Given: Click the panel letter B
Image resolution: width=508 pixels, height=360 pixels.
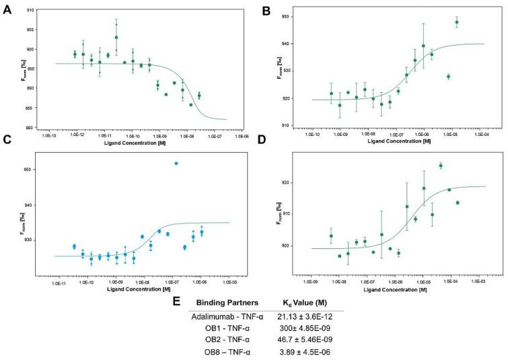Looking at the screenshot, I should [267, 11].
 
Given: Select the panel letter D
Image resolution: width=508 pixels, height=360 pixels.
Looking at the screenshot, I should [266, 158].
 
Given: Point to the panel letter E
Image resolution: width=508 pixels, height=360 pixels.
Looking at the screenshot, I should [176, 301].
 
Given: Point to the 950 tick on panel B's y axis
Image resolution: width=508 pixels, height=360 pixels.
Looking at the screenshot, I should [297, 16].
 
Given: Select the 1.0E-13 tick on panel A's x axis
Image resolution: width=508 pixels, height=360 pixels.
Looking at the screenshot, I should [47, 137].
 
